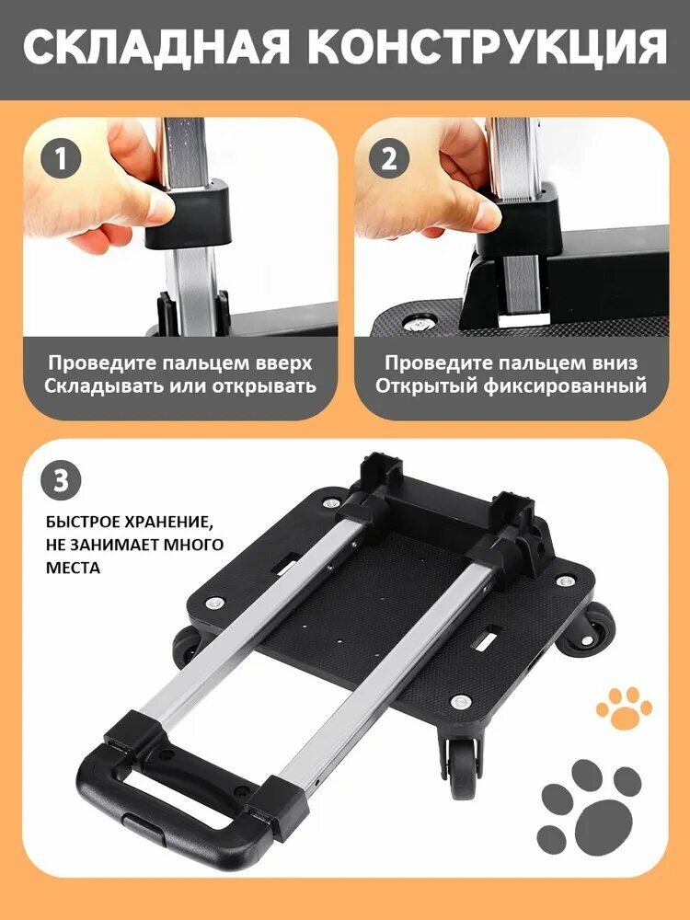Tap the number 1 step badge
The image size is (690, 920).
(61, 159)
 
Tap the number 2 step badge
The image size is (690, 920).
(389, 159)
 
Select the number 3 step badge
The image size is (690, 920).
(61, 480)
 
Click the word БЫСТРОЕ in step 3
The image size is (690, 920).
(81, 521)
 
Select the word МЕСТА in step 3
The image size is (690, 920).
(73, 568)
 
